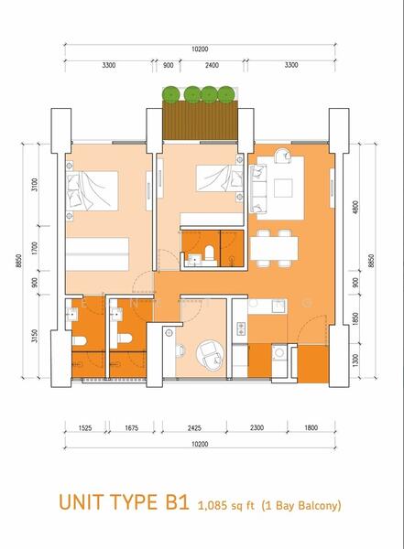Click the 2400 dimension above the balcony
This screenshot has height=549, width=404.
click(212, 65)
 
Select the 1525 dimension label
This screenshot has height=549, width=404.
click(83, 427)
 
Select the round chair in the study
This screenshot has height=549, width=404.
click(204, 352)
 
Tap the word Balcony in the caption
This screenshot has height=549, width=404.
click(316, 503)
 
